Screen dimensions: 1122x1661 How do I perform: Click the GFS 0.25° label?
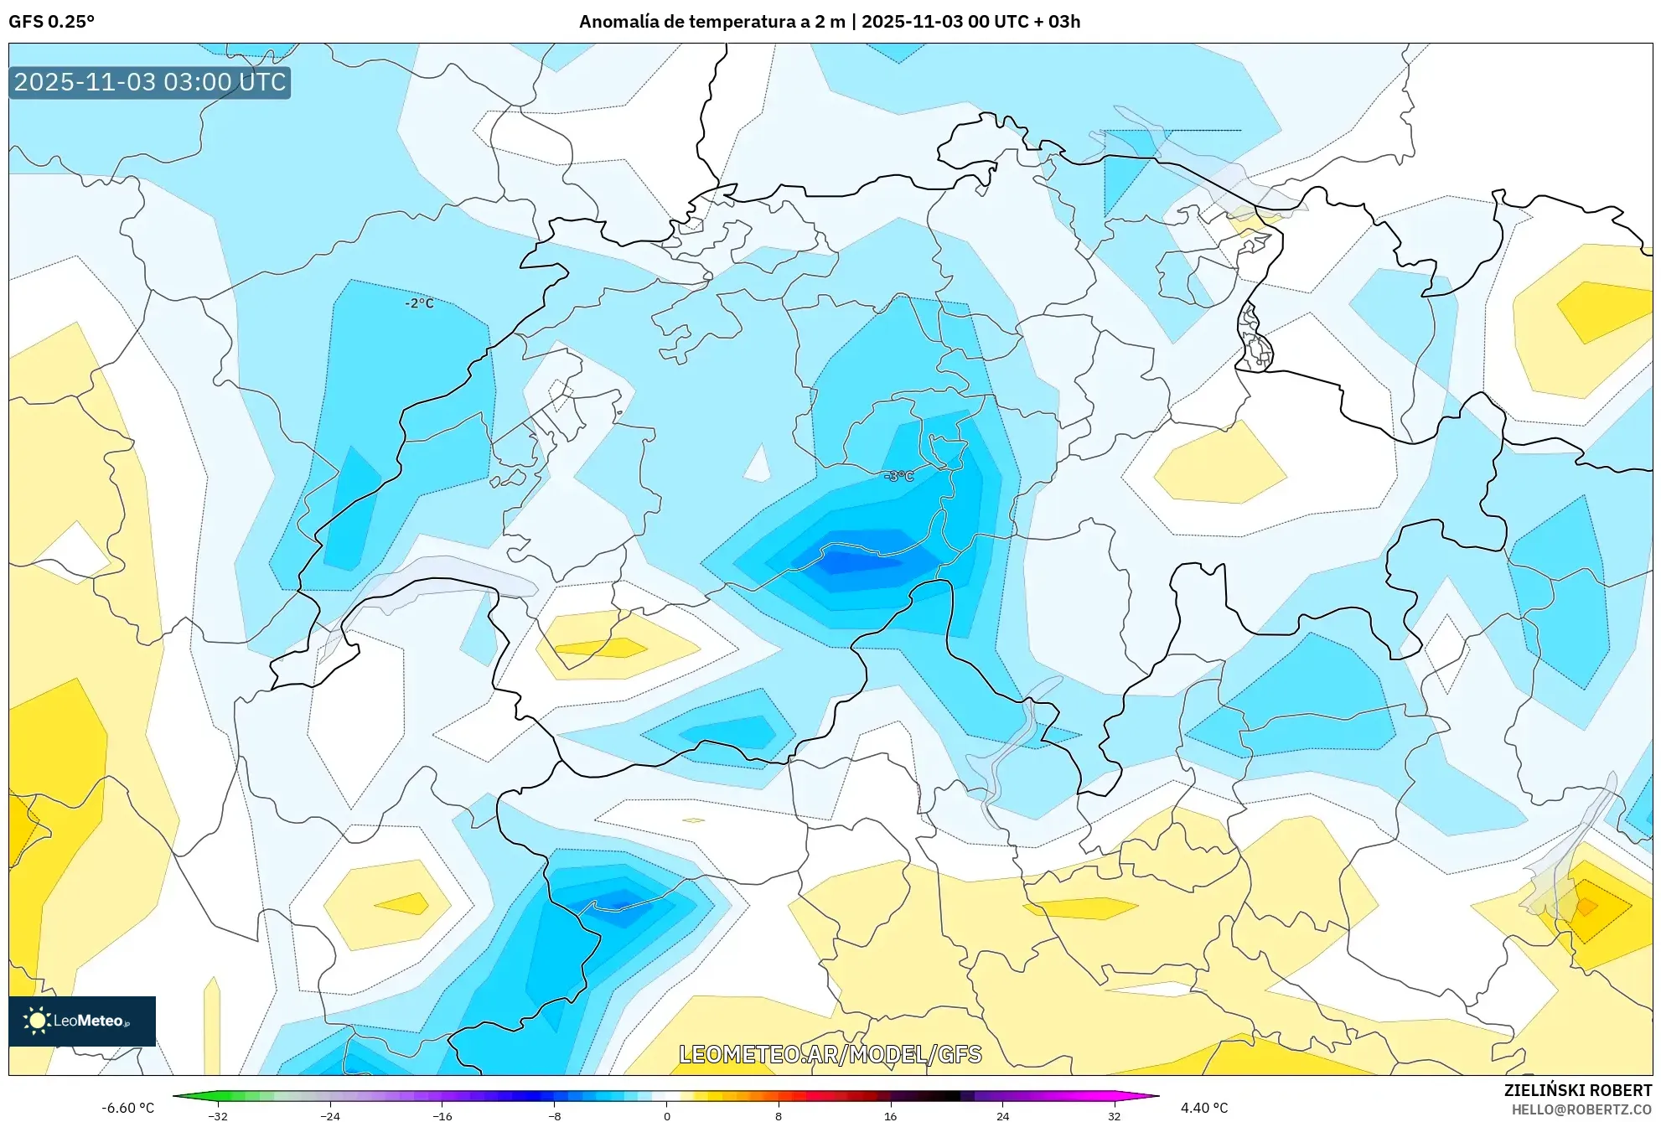51,22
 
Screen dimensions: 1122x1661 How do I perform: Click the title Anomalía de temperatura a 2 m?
711,22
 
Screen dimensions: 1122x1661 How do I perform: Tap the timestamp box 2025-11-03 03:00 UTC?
150,82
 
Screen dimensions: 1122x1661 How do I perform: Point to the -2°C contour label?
419,303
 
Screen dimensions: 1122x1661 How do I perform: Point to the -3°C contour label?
898,476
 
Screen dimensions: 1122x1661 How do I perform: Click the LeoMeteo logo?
82,1021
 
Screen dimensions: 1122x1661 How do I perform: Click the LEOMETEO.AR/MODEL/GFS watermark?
830,1054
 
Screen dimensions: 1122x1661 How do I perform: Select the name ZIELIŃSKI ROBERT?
1577,1090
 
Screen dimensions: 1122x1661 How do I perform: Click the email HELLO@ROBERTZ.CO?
1581,1109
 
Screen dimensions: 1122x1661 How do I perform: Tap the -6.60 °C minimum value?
128,1108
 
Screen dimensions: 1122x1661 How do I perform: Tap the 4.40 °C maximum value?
1203,1108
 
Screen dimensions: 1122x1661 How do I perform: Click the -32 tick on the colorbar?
218,1116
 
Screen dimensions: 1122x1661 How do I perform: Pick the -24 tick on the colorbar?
330,1116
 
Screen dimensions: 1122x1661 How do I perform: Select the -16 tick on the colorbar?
442,1116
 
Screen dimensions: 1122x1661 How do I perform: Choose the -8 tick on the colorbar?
555,1116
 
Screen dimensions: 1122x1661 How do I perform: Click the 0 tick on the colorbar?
666,1116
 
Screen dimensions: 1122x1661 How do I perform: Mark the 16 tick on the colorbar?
890,1116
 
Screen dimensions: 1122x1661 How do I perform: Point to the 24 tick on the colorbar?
1002,1116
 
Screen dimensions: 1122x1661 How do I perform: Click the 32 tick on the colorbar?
1115,1116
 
